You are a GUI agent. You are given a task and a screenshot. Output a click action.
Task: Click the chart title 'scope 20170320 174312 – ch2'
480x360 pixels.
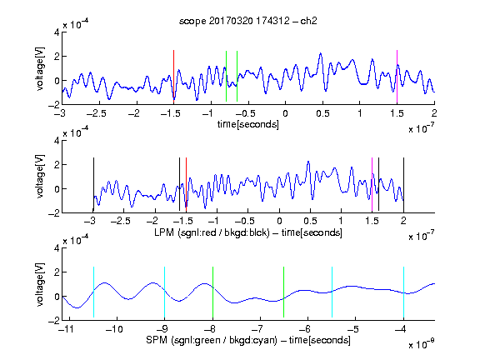248,21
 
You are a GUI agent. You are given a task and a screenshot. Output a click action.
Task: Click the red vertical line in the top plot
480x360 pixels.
173,75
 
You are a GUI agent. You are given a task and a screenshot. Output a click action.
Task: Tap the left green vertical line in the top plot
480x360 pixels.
226,76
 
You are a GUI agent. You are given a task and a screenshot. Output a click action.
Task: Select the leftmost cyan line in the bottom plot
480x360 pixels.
93,292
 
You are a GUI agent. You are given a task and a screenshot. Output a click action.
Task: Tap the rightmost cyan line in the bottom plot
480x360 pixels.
404,292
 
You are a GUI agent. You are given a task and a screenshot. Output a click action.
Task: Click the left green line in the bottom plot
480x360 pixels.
212,292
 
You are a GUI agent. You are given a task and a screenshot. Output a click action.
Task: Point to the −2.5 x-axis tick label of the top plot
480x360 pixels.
96,113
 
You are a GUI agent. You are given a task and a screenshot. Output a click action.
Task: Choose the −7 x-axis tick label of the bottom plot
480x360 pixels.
259,329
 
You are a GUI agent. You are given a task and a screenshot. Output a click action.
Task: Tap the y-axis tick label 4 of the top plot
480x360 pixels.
57,32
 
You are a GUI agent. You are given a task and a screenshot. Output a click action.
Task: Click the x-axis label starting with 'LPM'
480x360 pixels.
248,232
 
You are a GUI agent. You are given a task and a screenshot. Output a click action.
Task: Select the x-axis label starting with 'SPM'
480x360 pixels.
248,340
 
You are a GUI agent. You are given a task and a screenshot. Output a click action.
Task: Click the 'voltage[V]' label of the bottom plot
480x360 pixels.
40,284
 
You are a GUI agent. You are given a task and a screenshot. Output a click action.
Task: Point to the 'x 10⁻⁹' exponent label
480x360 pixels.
422,344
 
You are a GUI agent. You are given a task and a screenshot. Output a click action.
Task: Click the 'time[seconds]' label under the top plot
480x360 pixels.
248,124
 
